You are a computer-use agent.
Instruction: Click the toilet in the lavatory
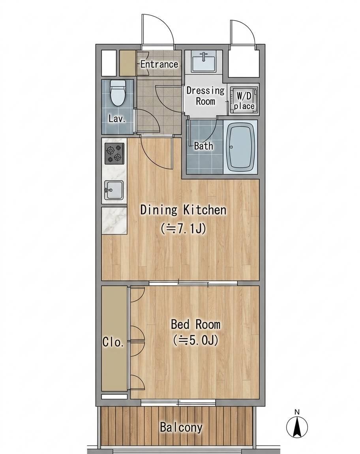click(x=118, y=93)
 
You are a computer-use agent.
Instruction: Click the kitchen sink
click(x=114, y=190)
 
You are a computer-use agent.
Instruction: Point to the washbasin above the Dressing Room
click(x=203, y=62)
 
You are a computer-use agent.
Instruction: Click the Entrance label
click(x=159, y=64)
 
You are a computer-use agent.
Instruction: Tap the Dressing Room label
click(x=205, y=96)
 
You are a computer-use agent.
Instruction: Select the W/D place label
click(x=244, y=101)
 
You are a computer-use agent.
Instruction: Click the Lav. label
click(x=117, y=118)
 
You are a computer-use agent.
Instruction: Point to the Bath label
click(x=204, y=146)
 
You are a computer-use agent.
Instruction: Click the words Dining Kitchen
click(x=183, y=210)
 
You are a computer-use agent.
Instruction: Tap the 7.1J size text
click(x=183, y=229)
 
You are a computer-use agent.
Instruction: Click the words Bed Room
click(x=195, y=324)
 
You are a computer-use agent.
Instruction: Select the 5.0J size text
click(x=195, y=340)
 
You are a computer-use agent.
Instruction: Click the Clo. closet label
click(x=113, y=342)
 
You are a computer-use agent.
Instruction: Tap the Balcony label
click(x=181, y=427)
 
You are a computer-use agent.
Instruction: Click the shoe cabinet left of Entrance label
click(x=128, y=64)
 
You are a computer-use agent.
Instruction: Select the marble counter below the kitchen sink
click(x=114, y=221)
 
